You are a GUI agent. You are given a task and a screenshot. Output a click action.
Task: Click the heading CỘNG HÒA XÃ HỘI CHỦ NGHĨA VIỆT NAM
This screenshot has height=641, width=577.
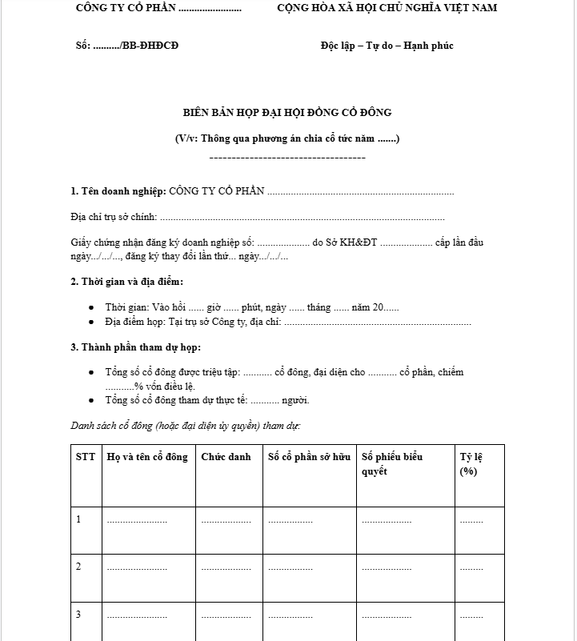[x=387, y=8]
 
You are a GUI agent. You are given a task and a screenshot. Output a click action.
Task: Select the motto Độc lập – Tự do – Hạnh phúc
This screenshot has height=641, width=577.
[x=387, y=46]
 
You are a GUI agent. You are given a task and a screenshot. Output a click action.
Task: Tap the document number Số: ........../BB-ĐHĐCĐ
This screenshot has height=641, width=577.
[x=127, y=46]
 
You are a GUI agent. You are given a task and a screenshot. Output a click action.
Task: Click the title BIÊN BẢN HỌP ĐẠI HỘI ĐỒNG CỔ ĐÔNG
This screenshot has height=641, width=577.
[x=287, y=113]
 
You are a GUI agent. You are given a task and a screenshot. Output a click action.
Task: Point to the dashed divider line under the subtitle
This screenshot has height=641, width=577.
[x=287, y=157]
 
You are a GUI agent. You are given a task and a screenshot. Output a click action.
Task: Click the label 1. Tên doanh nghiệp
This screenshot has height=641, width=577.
[x=118, y=192]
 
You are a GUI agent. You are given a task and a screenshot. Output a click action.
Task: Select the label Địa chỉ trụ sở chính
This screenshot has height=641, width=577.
[x=114, y=217]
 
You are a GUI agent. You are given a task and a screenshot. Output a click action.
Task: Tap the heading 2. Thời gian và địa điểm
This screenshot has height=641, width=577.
[x=126, y=282]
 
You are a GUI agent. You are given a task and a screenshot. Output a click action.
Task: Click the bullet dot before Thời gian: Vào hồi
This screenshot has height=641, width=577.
[x=92, y=308]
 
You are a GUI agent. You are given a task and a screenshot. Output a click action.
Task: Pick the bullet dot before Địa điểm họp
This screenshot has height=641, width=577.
[x=92, y=323]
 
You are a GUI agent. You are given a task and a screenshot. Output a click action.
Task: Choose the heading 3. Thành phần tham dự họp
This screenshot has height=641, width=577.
[x=135, y=347]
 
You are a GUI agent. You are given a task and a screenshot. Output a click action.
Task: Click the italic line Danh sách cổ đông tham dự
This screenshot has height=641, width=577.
[x=186, y=425]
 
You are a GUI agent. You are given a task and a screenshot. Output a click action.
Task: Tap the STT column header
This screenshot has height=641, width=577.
[x=86, y=457]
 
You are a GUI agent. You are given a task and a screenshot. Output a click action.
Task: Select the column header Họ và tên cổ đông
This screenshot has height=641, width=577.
[x=147, y=457]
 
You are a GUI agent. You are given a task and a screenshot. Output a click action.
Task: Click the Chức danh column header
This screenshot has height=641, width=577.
[x=226, y=457]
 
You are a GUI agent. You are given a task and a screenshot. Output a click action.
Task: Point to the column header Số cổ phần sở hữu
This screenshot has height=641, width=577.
[x=309, y=457]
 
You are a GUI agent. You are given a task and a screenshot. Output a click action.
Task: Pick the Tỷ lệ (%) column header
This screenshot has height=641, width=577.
[x=471, y=464]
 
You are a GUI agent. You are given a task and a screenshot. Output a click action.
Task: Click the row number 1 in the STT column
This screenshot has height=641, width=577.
[x=78, y=519]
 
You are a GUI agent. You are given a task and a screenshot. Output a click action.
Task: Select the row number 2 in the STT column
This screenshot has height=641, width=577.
[x=78, y=567]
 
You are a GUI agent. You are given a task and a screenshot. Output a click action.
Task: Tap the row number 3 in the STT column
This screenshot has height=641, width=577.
[x=78, y=615]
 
